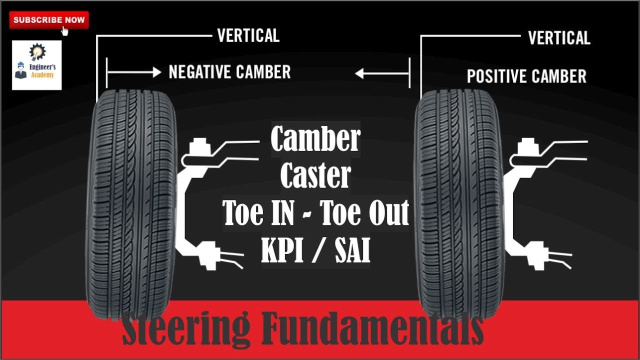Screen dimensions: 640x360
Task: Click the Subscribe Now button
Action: pos(49,20)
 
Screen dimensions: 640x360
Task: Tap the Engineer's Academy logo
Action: pos(36,65)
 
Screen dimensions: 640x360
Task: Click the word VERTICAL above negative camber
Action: pos(248,36)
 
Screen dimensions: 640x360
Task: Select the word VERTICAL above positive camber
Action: pos(559,38)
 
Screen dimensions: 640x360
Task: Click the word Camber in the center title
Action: pos(315,139)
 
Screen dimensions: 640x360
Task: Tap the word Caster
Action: pos(315,176)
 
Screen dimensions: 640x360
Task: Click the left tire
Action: pos(132,200)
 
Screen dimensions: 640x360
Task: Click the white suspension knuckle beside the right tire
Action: pos(520,200)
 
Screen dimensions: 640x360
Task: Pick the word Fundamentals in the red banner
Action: pos(372,329)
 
